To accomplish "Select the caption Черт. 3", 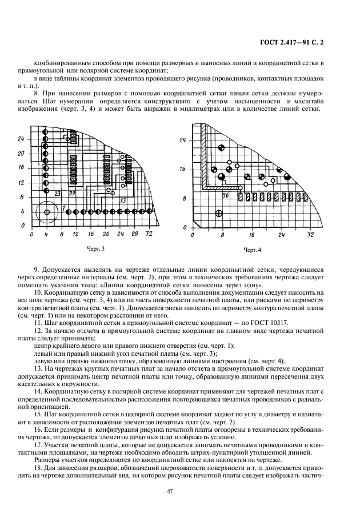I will (x=95, y=248).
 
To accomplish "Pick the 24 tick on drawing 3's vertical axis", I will (x=21, y=139).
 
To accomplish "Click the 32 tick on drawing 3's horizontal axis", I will (x=149, y=235).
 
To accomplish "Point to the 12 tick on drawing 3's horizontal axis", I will (x=75, y=235).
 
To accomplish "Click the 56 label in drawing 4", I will (x=210, y=195).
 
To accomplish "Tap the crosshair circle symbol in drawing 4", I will (x=218, y=214).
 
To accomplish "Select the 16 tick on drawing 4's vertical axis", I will (x=183, y=169).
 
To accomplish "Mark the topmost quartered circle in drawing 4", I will (x=221, y=148).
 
